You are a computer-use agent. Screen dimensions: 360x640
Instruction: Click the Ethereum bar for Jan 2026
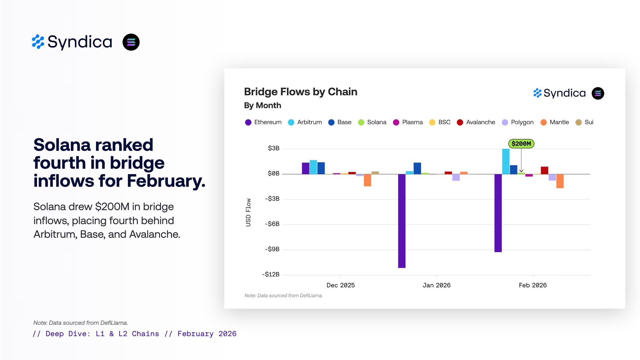[x=402, y=221]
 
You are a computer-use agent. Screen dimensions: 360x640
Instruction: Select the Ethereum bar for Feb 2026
[x=498, y=213]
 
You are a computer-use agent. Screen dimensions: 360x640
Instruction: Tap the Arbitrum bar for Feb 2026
[x=506, y=161]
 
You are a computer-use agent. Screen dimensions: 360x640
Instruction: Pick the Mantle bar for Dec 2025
[x=367, y=180]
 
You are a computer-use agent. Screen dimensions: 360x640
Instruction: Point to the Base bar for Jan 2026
[x=417, y=168]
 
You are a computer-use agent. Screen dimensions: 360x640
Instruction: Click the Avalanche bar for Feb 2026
[x=544, y=170]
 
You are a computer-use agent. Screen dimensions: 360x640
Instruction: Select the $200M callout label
[x=521, y=144]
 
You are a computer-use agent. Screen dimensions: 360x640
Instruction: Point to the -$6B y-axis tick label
[x=272, y=224]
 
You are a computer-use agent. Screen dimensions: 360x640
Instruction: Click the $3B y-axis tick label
[x=274, y=148]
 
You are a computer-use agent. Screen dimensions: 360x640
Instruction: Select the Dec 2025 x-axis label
[x=340, y=285]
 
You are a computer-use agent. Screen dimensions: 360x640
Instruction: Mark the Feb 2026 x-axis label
[x=533, y=285]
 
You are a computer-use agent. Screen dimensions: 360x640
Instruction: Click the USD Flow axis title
[x=248, y=212]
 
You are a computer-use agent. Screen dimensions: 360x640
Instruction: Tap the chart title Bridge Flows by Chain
[x=300, y=92]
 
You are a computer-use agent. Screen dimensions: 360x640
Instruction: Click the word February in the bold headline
[x=166, y=181]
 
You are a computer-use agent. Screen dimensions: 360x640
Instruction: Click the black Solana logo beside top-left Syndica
[x=131, y=42]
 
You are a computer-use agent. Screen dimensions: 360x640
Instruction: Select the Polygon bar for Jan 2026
[x=456, y=177]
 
